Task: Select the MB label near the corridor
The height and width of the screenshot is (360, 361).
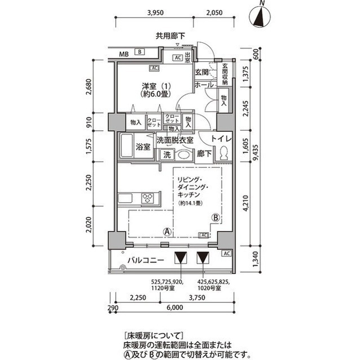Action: coord(125,54)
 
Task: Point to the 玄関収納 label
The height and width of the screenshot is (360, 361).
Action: coord(224,73)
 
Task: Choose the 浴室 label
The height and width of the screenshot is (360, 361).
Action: coord(143,148)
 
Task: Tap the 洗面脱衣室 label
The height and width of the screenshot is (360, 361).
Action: coord(174,140)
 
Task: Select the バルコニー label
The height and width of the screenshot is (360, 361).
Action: coord(145,260)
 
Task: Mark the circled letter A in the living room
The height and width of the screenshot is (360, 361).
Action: coord(167,231)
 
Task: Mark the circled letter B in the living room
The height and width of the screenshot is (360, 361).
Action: coord(215,217)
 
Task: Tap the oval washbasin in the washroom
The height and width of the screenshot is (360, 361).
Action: coord(184,154)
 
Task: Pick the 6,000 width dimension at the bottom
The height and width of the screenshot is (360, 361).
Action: coord(174,308)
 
